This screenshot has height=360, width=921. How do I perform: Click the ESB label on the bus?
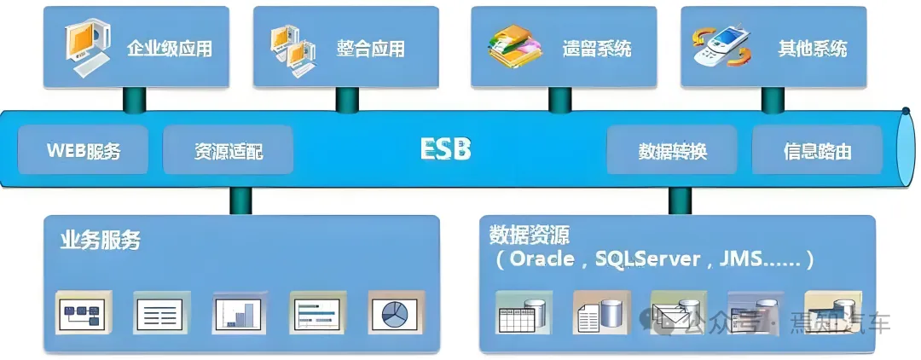pos(445,149)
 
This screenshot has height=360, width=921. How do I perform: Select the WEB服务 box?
pos(84,151)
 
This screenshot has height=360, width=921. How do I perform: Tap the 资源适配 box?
pos(228,151)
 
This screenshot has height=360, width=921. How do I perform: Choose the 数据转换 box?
pos(672,151)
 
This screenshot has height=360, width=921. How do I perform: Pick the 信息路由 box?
pos(817,151)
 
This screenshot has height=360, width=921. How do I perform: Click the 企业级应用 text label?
pos(169,48)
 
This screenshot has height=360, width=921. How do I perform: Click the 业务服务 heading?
pos(100,240)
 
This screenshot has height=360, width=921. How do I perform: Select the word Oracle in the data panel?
pos(542,258)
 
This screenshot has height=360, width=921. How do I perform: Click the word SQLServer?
pos(648,258)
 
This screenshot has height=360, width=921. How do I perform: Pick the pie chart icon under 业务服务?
pos(397,312)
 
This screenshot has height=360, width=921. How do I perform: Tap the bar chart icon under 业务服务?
pos(240,313)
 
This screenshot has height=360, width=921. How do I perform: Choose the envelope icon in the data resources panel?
pos(679,313)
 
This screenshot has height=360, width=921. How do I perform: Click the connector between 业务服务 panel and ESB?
pos(240,200)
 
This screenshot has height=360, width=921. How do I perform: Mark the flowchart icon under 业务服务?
pos(84,313)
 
